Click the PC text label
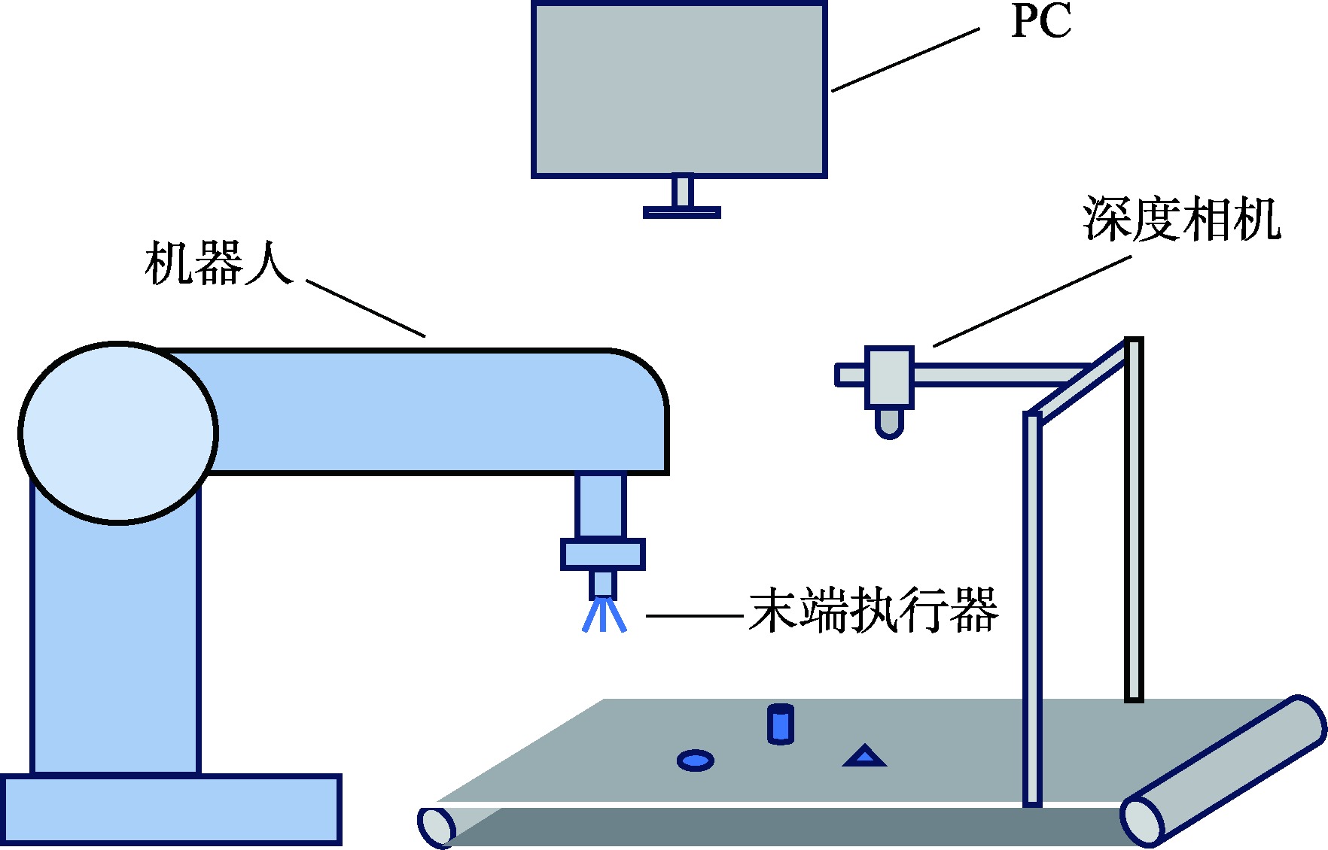point(1041,21)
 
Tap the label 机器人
point(218,263)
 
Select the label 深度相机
point(1181,220)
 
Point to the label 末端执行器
point(873,610)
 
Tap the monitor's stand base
point(682,213)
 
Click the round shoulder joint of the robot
point(118,433)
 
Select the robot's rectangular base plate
point(172,809)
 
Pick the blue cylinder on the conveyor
point(781,724)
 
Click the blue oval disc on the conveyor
point(695,760)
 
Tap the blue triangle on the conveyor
point(864,757)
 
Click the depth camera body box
point(889,377)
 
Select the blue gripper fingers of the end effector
point(604,615)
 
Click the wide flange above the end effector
point(603,554)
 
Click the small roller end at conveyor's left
point(437,827)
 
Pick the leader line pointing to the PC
point(906,60)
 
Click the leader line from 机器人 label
point(366,308)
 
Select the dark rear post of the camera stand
point(1134,519)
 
